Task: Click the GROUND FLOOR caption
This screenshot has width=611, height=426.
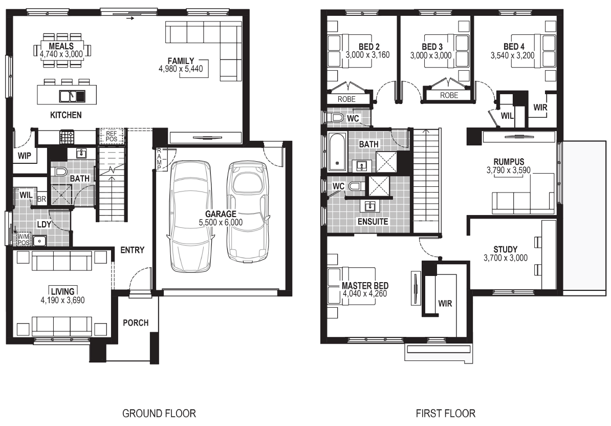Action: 159,413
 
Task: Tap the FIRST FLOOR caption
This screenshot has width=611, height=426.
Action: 445,413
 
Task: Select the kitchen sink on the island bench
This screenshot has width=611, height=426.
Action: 72,96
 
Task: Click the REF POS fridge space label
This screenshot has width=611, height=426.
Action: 112,136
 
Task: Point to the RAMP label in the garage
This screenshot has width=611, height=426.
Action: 159,159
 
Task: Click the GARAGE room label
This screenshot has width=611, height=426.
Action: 221,214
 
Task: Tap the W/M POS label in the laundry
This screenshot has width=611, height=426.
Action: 24,239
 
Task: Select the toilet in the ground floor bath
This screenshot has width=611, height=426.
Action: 59,172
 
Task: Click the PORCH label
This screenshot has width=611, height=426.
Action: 136,323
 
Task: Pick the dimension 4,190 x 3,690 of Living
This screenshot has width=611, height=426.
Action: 63,300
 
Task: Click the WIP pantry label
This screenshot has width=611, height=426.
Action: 24,156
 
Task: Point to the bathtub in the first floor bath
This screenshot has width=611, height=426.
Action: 337,152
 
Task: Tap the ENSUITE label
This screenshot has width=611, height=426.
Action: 373,221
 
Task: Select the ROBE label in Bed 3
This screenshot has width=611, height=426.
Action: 449,95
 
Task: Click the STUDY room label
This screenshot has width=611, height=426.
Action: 506,249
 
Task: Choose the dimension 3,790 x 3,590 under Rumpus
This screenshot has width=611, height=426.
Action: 509,171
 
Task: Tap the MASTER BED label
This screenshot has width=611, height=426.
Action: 365,285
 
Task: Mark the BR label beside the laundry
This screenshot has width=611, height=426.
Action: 41,200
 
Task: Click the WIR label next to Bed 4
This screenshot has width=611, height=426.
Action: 540,107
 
